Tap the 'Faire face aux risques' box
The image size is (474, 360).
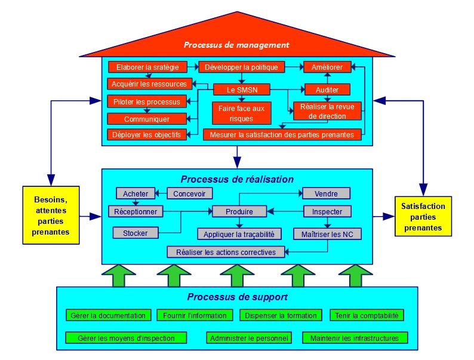241,112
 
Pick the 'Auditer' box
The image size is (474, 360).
327,90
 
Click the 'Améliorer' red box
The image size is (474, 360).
327,67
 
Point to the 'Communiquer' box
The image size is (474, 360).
147,119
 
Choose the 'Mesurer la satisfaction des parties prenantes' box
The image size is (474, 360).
282,134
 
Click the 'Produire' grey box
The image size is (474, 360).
239,211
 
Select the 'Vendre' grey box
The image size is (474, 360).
326,193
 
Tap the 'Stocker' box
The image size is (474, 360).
135,232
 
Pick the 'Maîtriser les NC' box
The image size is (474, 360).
328,233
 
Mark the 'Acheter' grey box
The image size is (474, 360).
136,193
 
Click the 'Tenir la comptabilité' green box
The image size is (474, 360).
368,315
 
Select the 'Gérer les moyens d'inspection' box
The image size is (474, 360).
127,338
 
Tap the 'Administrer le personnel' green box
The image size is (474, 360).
250,338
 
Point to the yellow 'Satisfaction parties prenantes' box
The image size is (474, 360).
423,217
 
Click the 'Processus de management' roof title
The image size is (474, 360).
236,45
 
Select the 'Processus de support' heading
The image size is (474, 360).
237,297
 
